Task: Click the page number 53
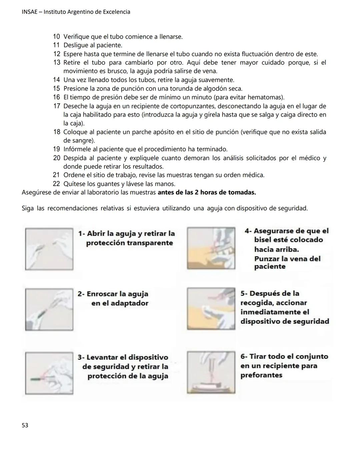pos(25,425)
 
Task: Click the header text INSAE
pos(29,12)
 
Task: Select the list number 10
pos(57,37)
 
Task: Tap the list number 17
pos(57,106)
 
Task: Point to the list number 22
pos(57,184)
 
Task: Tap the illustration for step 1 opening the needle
pos(49,249)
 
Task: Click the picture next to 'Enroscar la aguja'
pos(49,309)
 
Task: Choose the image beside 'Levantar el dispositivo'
pos(49,373)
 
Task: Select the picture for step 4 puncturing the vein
pos(211,248)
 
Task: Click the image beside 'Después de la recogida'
pos(211,309)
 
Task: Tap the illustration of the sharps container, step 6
pos(211,372)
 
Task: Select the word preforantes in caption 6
pos(261,375)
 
